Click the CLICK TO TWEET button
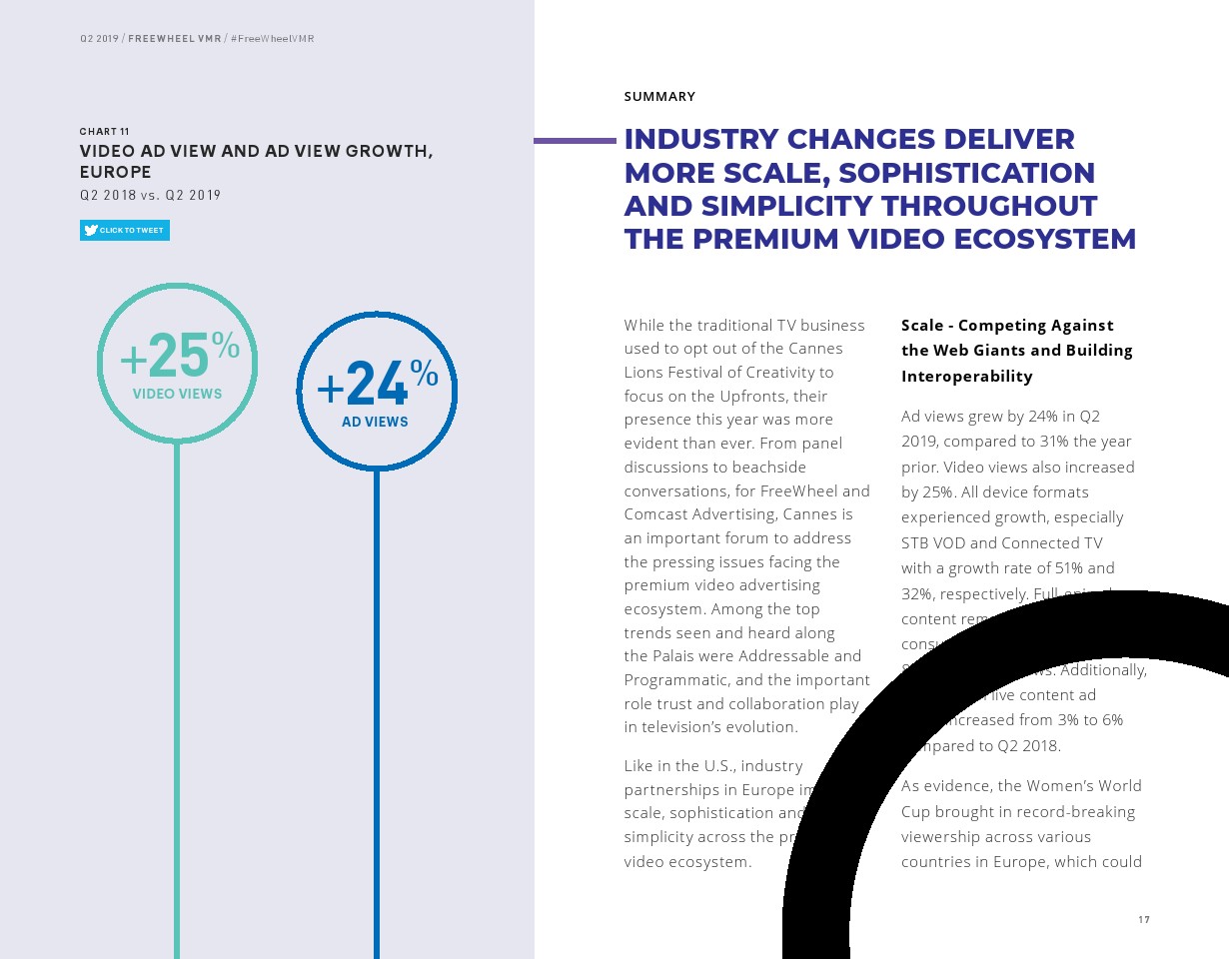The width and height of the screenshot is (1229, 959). click(125, 231)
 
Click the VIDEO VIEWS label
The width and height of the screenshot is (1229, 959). click(178, 394)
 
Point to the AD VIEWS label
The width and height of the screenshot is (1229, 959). click(375, 422)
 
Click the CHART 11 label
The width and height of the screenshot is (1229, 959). click(105, 132)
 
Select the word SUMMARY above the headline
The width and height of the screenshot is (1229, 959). click(659, 97)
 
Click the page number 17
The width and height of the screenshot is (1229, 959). click(1144, 920)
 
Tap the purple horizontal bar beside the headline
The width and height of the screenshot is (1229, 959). click(575, 141)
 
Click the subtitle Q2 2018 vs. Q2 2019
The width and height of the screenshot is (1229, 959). click(150, 195)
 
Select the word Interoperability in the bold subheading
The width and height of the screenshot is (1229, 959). click(967, 377)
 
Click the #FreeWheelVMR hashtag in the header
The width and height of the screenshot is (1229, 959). click(273, 39)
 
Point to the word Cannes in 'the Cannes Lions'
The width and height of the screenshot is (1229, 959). click(814, 349)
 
